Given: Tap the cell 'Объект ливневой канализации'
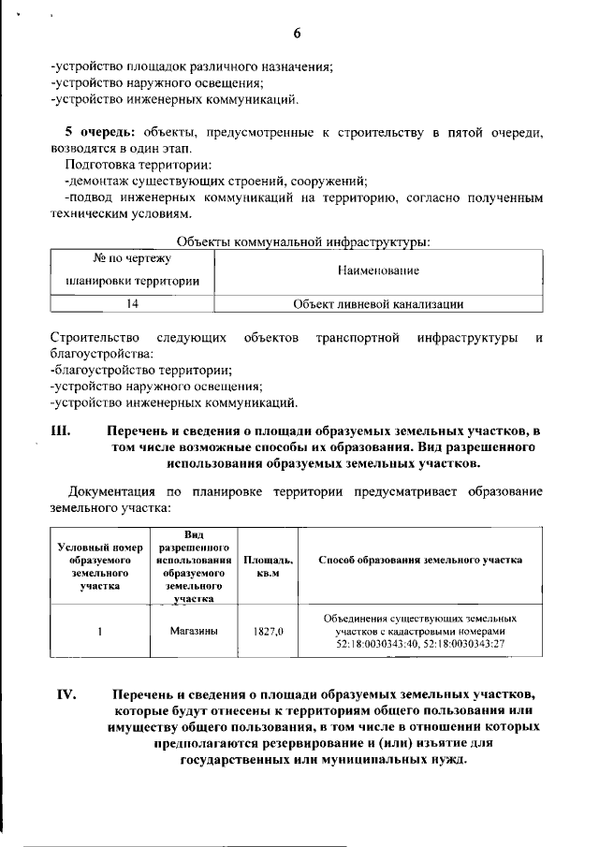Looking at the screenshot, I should click(x=379, y=303).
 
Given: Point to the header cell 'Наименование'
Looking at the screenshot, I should click(x=378, y=270).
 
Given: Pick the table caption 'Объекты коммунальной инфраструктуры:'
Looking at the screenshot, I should click(x=302, y=242).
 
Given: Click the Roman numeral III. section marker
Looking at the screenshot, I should click(x=60, y=431).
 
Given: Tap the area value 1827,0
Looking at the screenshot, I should click(x=269, y=632).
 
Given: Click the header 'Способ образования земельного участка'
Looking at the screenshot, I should click(x=420, y=560).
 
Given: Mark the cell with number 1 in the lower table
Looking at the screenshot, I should click(x=99, y=631).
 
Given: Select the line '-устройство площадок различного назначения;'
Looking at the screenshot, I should click(x=192, y=66).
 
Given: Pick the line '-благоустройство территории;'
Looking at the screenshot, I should click(x=126, y=370).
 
